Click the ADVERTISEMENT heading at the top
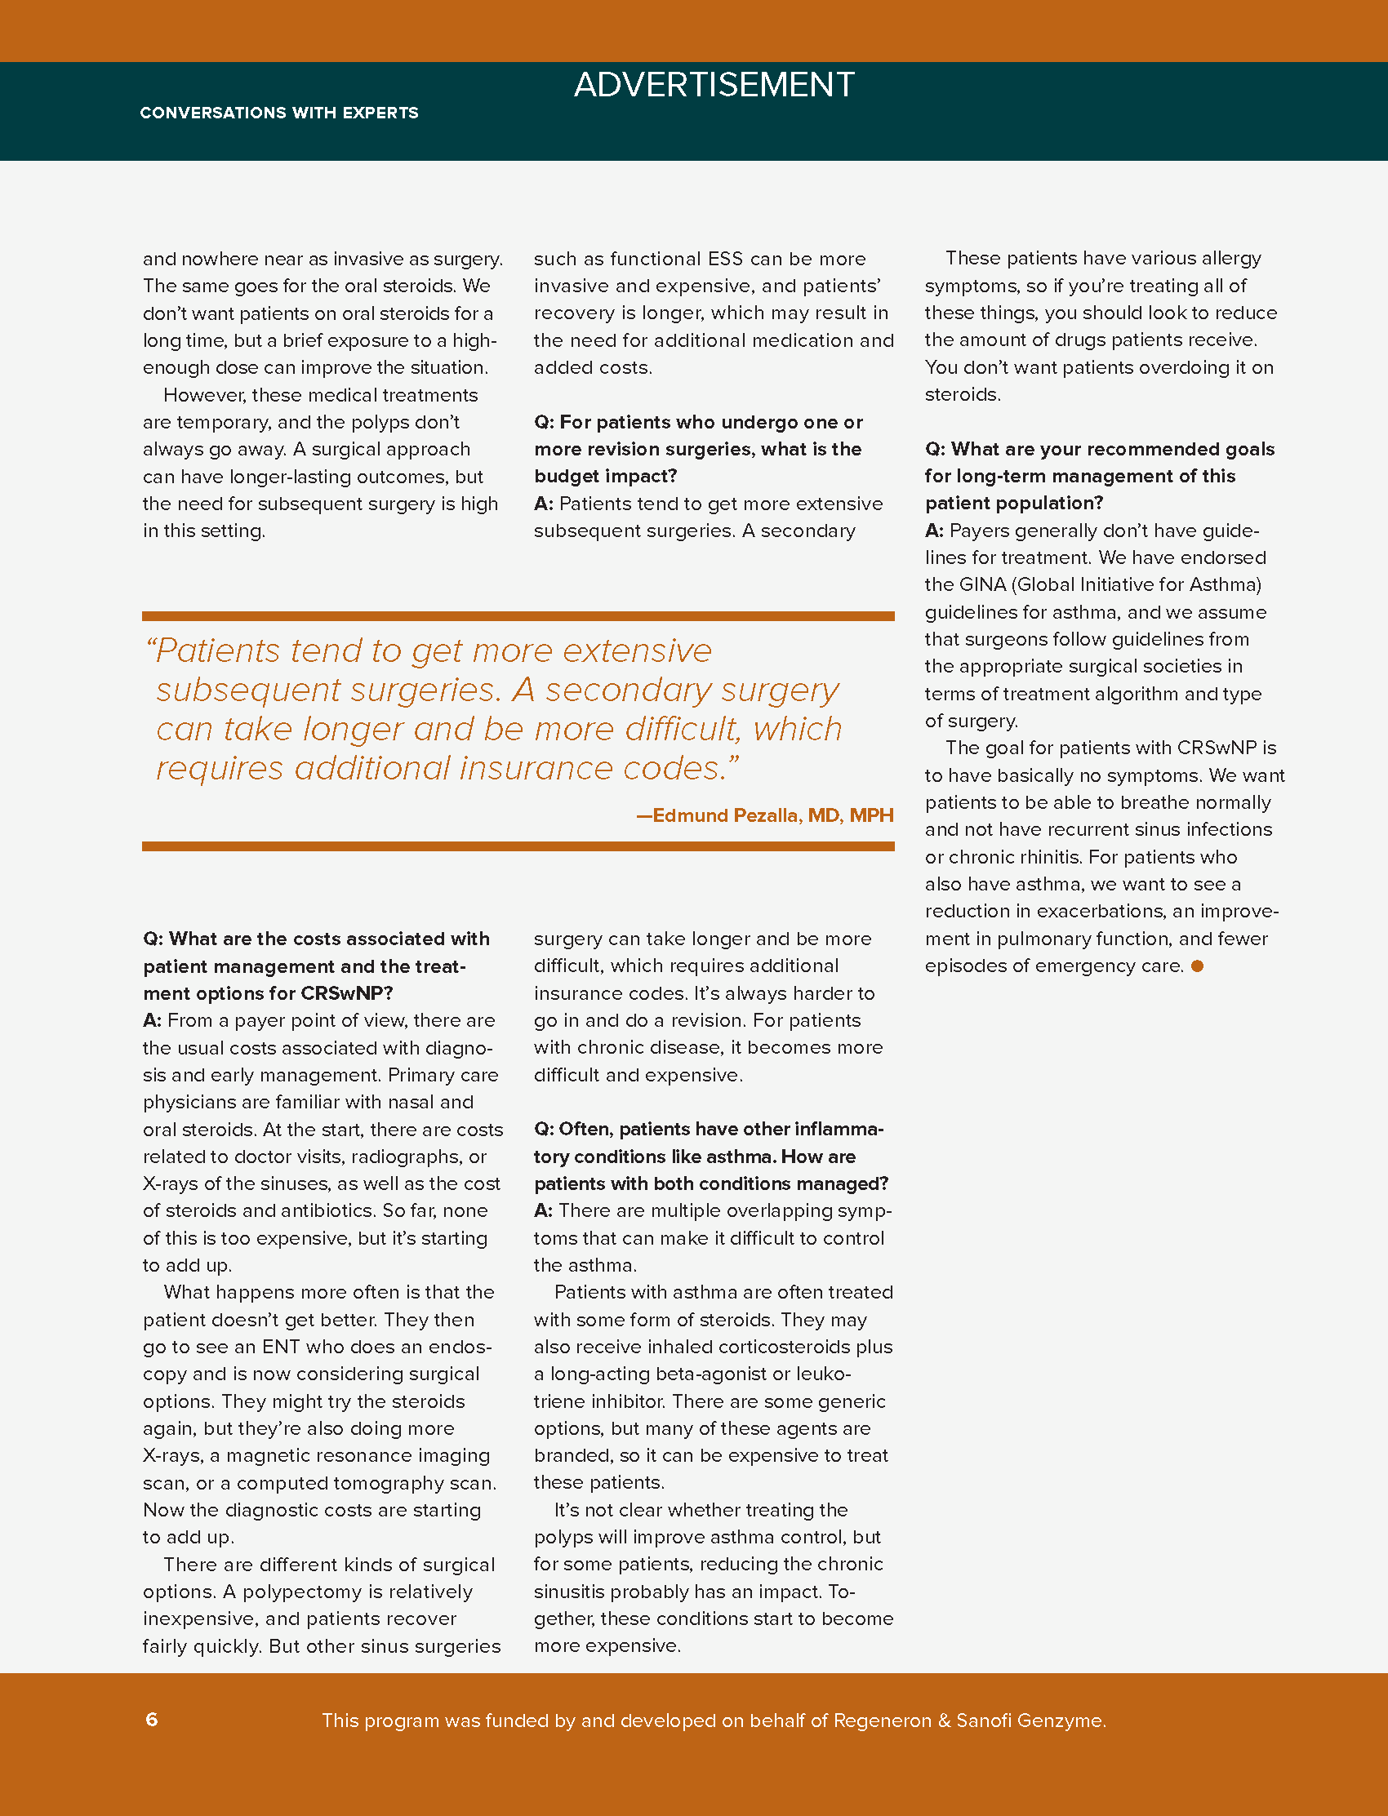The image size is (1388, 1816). pos(714,85)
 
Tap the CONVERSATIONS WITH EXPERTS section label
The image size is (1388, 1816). pos(279,113)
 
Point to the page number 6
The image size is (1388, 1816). pos(152,1721)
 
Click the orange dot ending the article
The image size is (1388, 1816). pos(1197,966)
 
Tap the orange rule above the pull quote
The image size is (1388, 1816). pos(518,616)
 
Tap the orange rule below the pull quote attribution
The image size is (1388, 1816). pos(518,846)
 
